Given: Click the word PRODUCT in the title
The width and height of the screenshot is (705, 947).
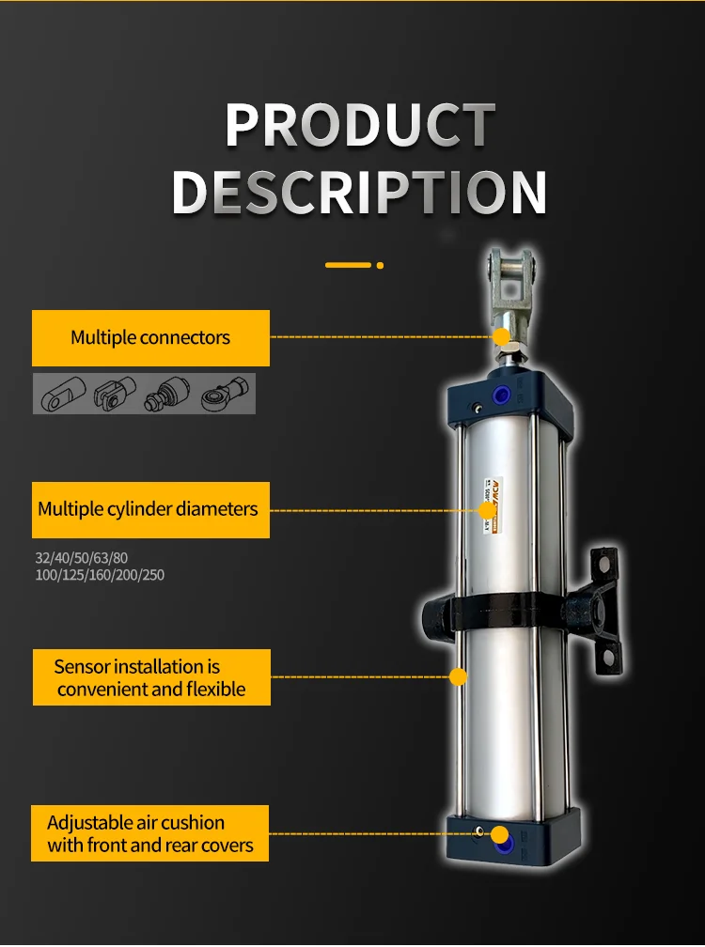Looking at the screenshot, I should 360,124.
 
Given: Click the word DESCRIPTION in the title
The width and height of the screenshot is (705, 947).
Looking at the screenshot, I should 359,192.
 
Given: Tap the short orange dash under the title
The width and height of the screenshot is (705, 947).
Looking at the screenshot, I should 348,265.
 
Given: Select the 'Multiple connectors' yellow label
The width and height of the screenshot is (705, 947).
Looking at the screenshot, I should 150,338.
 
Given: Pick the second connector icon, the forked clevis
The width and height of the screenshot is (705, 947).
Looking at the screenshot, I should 115,394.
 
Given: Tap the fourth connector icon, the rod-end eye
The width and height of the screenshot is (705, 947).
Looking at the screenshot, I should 227,394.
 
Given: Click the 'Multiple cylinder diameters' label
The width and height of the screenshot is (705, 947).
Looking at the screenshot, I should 149,509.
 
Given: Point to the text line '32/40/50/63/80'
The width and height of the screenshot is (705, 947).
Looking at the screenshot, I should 82,558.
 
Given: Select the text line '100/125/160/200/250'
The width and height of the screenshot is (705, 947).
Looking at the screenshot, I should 100,575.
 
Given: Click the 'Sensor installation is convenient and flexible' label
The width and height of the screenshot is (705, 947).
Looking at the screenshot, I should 150,677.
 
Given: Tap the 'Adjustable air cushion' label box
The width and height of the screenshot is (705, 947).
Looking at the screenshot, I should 150,833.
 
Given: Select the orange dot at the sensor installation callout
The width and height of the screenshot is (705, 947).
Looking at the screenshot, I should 459,676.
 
